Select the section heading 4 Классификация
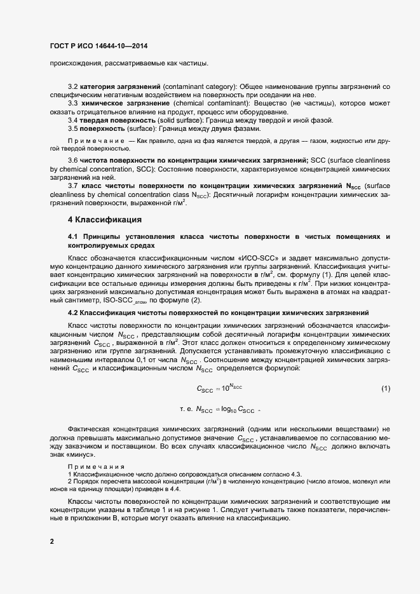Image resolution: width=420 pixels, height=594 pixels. click(104, 220)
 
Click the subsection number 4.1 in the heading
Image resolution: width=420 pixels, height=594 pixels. click(72, 236)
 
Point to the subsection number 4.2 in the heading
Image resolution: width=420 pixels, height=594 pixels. click(72, 313)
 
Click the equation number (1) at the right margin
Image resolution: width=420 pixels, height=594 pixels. click(385, 388)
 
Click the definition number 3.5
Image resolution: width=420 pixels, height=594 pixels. click(72, 129)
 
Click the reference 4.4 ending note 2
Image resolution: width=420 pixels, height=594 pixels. click(175, 490)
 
